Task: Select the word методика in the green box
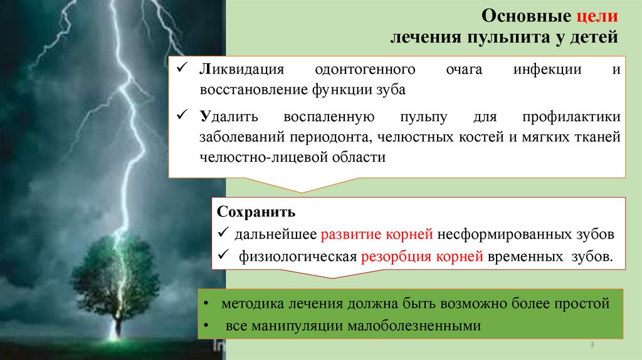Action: coord(250,304)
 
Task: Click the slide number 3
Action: coord(592,346)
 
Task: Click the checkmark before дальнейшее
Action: coord(224,234)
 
